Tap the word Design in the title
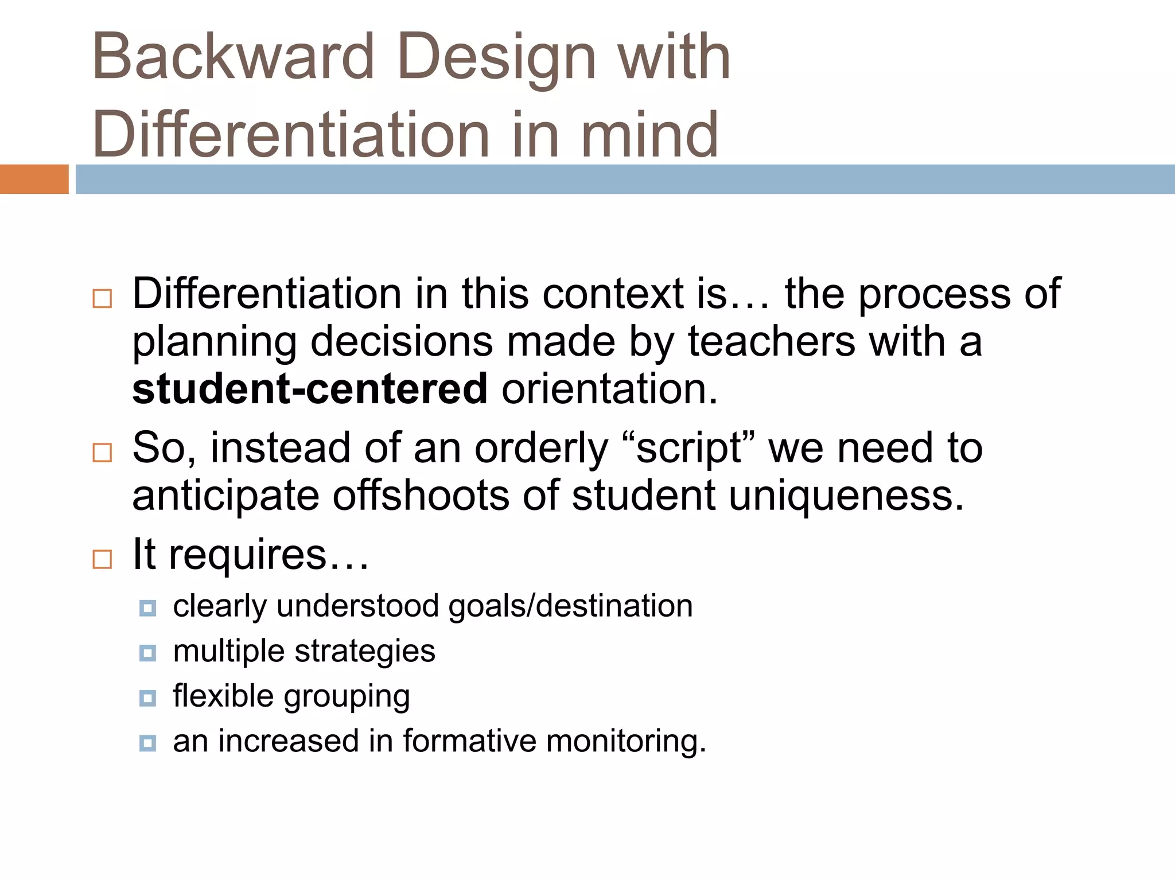[x=497, y=57]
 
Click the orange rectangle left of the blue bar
[x=34, y=179]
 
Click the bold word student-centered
[x=310, y=389]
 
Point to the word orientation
[x=609, y=389]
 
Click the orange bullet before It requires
[x=102, y=559]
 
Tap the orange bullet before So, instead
[x=102, y=453]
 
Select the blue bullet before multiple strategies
[x=147, y=653]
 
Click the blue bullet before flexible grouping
[x=147, y=698]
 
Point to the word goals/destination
[x=570, y=606]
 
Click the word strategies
[x=365, y=652]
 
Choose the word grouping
[x=347, y=697]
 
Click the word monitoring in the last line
[x=626, y=741]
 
